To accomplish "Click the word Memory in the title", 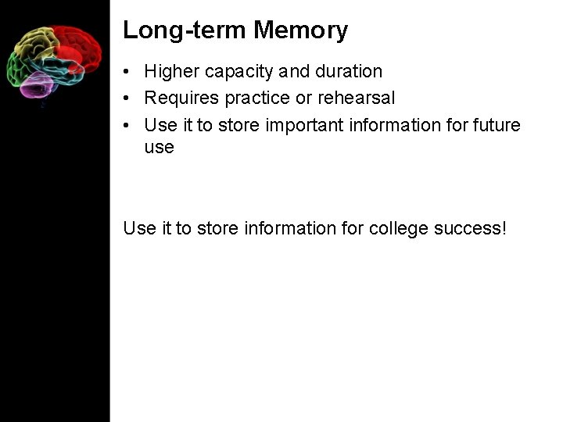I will coord(301,30).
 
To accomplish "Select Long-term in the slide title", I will coord(185,30).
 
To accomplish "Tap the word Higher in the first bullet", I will coord(171,72).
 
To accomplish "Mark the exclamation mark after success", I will coord(504,228).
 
